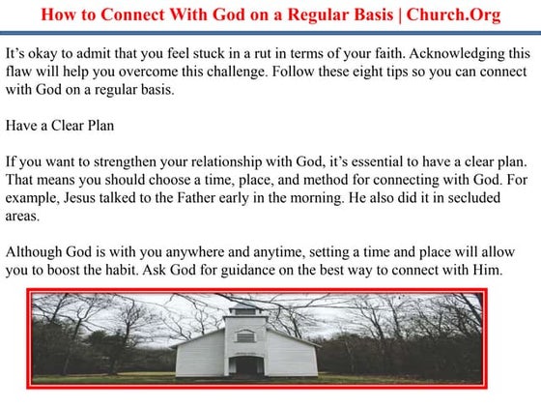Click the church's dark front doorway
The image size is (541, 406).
[248, 366]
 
